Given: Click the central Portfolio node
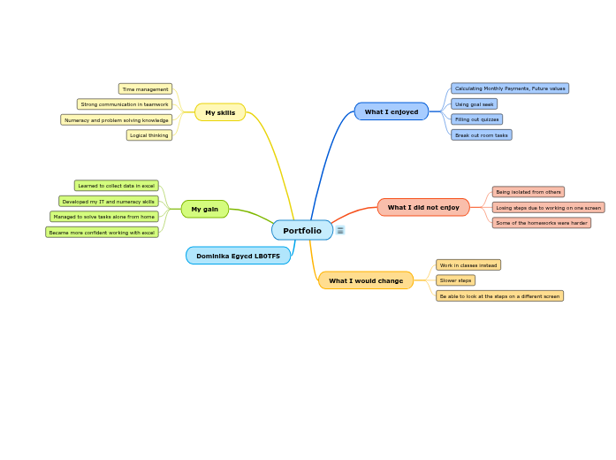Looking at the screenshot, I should pyautogui.click(x=302, y=230).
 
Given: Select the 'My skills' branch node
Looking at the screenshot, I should pyautogui.click(x=220, y=112).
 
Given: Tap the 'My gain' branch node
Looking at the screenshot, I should pyautogui.click(x=205, y=209).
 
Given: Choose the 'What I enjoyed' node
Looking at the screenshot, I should pyautogui.click(x=392, y=111).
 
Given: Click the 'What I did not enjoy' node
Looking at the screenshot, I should pyautogui.click(x=423, y=207).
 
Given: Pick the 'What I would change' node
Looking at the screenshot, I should pyautogui.click(x=366, y=280).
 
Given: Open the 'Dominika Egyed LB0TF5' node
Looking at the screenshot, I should pyautogui.click(x=238, y=256).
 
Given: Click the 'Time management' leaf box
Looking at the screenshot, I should pyautogui.click(x=145, y=88).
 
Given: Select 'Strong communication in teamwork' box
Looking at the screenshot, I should pyautogui.click(x=125, y=104).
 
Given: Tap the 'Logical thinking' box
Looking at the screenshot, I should pyautogui.click(x=149, y=135).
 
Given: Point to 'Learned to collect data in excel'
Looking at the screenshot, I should pyautogui.click(x=117, y=186).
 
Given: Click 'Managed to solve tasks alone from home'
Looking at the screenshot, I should pyautogui.click(x=104, y=217).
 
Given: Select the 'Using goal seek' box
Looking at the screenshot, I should pyautogui.click(x=475, y=103).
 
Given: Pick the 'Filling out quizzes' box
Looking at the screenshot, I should pyautogui.click(x=477, y=119).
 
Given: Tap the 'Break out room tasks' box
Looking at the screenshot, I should pyautogui.click(x=482, y=135).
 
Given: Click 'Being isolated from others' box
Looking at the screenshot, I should pyautogui.click(x=529, y=192).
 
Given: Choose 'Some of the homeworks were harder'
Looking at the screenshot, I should pyautogui.click(x=542, y=223).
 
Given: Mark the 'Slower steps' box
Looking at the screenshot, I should pyautogui.click(x=456, y=280).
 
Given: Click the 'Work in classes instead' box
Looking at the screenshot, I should pyautogui.click(x=468, y=264).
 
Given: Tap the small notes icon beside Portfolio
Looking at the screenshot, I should pyautogui.click(x=340, y=230).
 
